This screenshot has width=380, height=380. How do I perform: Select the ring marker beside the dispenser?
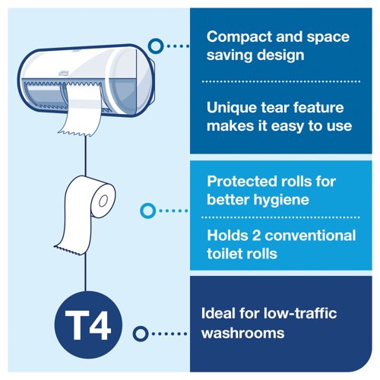(155, 47)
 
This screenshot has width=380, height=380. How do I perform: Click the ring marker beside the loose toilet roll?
(148, 209)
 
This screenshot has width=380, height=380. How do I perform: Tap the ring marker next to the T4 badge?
(139, 333)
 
